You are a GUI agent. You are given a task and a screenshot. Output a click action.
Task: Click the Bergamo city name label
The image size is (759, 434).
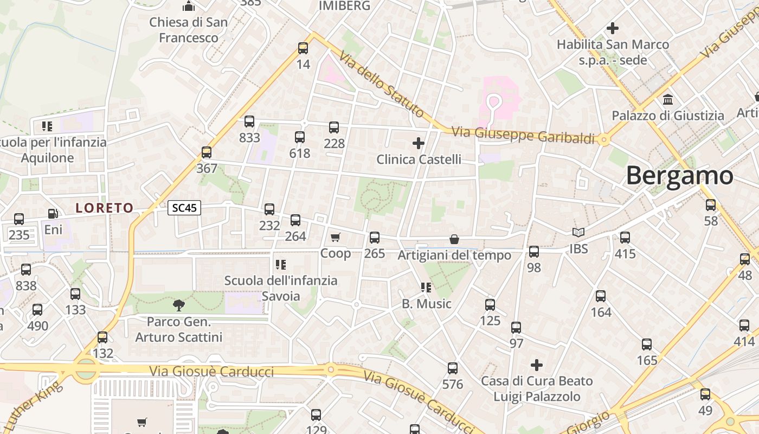pos(679,176)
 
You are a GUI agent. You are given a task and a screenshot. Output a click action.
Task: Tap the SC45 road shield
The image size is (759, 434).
pos(184,207)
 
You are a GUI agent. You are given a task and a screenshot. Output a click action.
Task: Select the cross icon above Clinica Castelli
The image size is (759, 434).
pos(418,143)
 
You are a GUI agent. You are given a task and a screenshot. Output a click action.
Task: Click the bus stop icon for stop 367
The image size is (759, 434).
pos(207,152)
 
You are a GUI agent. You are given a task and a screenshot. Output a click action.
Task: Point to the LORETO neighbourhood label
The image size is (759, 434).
pos(104,208)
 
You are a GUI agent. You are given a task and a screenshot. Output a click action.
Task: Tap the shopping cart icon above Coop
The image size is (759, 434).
pos(336,237)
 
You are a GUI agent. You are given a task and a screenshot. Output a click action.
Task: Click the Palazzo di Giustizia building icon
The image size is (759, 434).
pos(668,100)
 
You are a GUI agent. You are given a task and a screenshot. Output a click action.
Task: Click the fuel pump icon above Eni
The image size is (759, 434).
pos(53,214)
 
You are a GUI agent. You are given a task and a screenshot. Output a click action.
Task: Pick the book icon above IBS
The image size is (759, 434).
pos(578,233)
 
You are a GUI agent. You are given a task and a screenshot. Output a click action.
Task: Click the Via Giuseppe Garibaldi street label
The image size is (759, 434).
pos(523,135)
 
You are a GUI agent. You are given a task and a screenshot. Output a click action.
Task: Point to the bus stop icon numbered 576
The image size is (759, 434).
pos(453,368)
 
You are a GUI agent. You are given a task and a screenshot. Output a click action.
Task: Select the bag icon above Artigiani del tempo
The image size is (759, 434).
pos(454,239)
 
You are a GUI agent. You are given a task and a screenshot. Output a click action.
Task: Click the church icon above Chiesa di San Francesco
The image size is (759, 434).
pos(189,7)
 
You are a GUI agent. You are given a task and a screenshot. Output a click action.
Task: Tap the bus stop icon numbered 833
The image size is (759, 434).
pos(249,122)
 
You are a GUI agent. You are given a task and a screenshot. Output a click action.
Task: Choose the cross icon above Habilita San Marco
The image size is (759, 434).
pos(613,28)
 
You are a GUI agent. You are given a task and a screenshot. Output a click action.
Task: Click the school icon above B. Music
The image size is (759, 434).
pos(426,288)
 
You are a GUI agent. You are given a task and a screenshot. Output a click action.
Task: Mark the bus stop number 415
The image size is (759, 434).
pos(625,238)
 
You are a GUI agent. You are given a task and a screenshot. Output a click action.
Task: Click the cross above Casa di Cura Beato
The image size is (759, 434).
pos(537,365)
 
